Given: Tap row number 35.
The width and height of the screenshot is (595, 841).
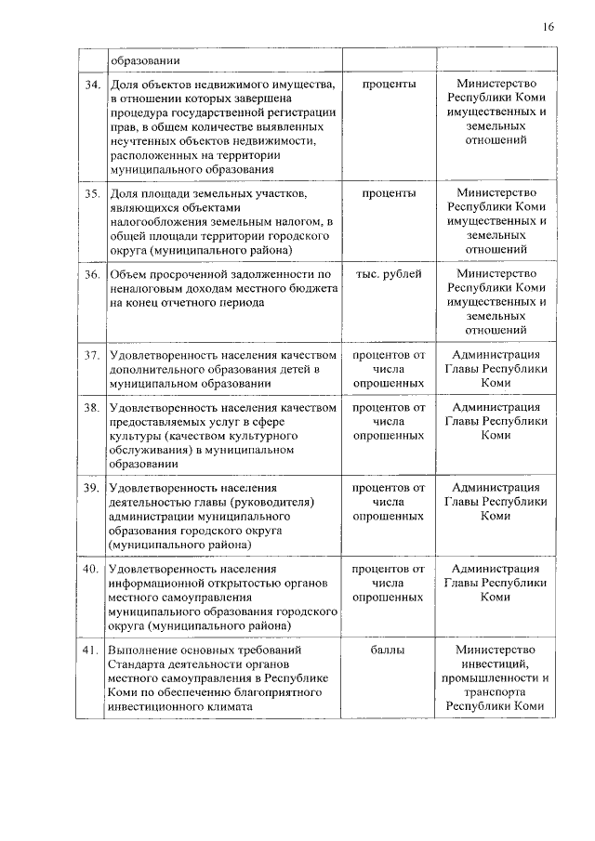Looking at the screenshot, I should click(91, 193).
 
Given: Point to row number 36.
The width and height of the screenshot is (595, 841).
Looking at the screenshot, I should click(91, 274).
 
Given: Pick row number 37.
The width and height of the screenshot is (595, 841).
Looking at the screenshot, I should click(91, 355).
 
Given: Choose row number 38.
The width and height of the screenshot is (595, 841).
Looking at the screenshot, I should click(91, 407).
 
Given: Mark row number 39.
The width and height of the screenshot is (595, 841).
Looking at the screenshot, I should click(91, 488).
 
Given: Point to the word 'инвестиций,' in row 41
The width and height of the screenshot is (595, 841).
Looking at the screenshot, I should click(495, 664).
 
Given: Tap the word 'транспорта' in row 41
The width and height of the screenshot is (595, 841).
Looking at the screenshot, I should click(495, 691).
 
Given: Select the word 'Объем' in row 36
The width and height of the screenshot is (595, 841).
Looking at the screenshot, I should click(126, 274).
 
